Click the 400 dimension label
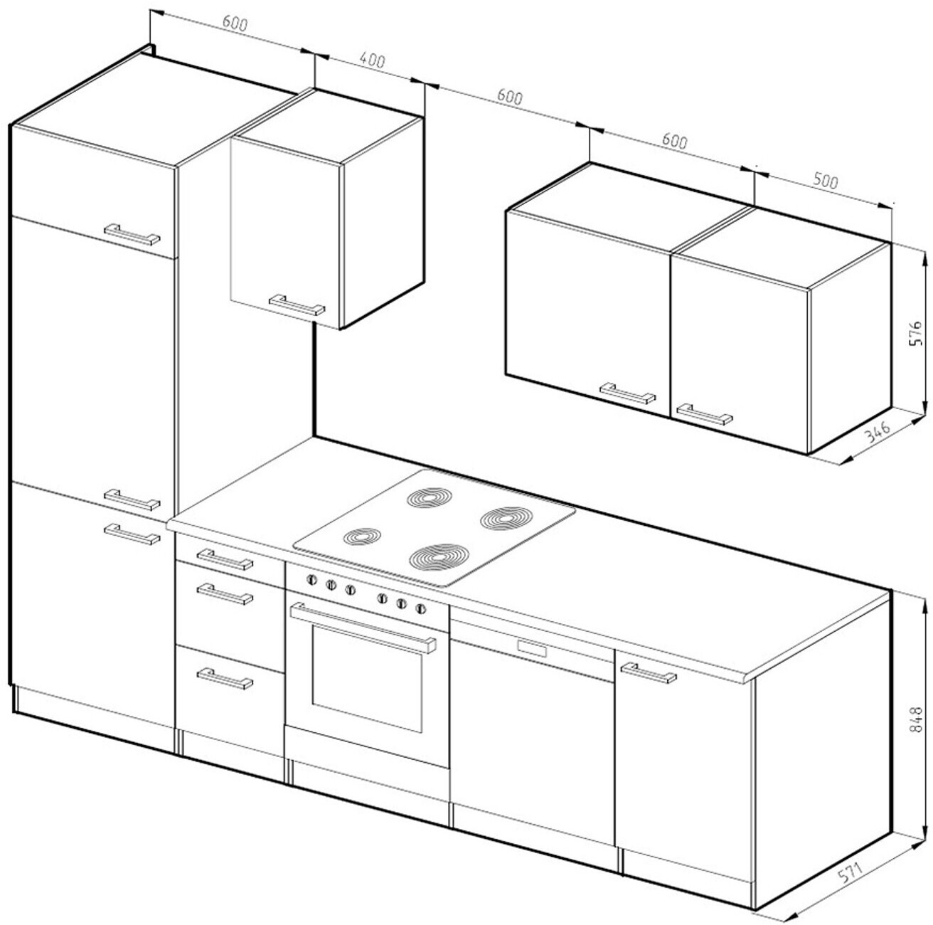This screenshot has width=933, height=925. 372,60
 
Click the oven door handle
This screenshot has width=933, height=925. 363,627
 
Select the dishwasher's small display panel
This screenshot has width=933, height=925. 533,648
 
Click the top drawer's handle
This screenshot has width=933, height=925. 225,559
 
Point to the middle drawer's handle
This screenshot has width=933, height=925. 225,593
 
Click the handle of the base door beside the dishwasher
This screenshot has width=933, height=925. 648,672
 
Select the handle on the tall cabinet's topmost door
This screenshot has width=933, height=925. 132,235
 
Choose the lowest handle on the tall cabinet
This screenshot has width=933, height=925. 132,534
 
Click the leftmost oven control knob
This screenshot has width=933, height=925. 311,581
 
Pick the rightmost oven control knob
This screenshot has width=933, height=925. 420,608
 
